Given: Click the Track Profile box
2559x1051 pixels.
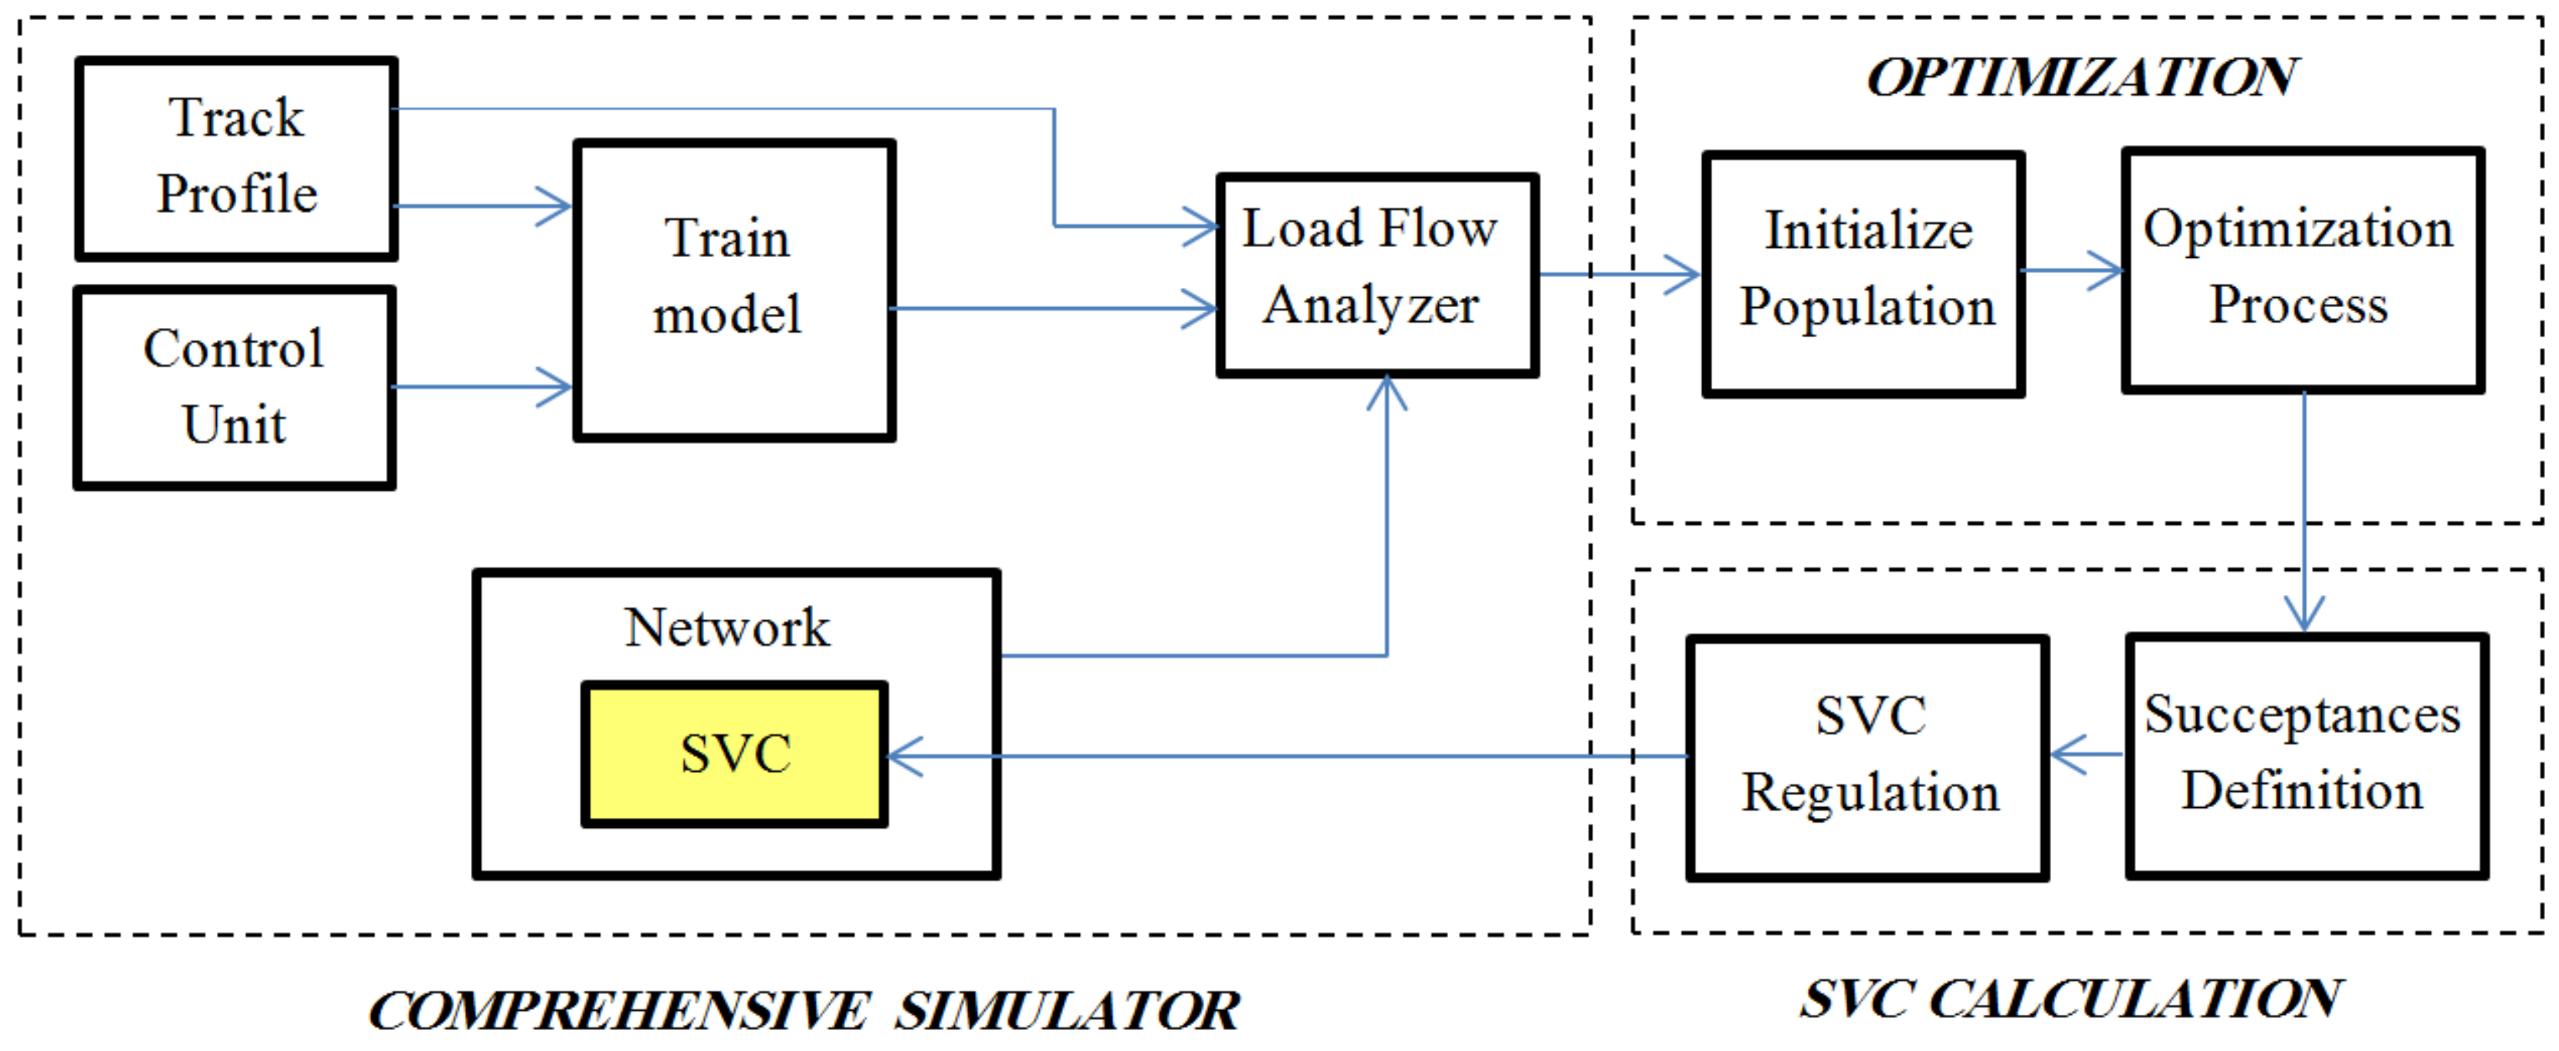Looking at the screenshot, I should coord(236,159).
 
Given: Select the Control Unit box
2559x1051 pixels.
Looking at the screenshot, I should coord(235,387).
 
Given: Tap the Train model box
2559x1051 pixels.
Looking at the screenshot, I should coord(733,290).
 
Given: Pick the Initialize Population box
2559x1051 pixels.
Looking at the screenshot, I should coord(1863,274).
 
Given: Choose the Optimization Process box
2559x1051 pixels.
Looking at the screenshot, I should coord(2302,270).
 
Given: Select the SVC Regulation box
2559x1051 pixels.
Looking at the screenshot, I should coord(1867,757).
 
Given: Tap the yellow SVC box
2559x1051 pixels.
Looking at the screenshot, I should coord(733,754).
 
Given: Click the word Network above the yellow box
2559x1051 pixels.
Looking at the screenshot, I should coord(727,628).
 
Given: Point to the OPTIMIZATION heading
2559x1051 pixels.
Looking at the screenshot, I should coord(2081,77).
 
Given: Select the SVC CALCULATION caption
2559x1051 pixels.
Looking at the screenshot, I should coord(2071,999).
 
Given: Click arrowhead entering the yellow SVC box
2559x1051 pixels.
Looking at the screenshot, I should coord(902,757).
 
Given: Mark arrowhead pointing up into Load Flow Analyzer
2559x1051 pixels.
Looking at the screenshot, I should coord(1386,391).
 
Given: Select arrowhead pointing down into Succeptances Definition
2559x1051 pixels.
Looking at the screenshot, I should coord(2303,614).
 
